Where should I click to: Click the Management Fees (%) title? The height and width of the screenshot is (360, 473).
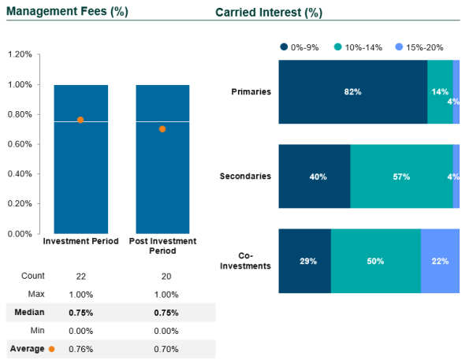tap(67, 12)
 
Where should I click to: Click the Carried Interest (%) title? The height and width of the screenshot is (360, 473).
tap(268, 13)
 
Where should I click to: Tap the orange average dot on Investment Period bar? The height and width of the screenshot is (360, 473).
tap(80, 120)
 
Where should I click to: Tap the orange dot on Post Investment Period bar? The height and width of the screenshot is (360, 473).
tap(162, 128)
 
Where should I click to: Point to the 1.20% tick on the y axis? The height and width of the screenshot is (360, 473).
tap(20, 54)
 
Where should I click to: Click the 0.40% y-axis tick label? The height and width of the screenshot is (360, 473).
tap(20, 174)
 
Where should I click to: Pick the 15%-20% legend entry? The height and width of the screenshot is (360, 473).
tap(423, 47)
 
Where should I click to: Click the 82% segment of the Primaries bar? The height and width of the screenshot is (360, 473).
tap(352, 92)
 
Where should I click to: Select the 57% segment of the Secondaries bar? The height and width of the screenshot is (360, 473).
tap(401, 177)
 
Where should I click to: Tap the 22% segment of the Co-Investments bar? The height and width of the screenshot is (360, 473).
tap(440, 262)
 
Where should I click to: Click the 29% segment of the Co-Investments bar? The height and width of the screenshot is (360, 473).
tap(304, 262)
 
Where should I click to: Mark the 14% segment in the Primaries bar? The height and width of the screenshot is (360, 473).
tap(440, 92)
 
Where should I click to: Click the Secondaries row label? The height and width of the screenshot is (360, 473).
tap(245, 176)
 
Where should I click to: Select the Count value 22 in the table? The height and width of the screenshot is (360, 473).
tap(80, 276)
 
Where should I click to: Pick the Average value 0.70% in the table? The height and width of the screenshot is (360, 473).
tap(162, 348)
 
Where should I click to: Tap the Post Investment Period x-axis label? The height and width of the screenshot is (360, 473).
tap(162, 246)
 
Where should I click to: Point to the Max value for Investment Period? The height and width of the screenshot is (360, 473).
tap(80, 294)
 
